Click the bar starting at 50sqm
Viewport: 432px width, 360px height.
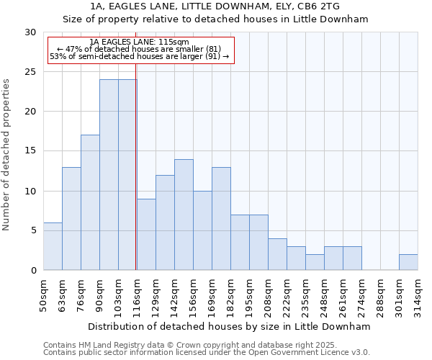[53, 246]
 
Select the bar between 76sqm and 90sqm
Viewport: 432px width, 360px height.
[90, 202]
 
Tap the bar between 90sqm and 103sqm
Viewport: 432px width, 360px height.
[109, 175]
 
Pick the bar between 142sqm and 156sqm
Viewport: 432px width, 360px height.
[184, 215]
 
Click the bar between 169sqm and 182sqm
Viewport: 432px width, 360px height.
[221, 219]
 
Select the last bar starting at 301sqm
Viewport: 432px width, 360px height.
[408, 262]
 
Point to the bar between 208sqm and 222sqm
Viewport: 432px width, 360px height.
[277, 254]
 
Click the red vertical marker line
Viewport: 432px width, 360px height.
[136, 180]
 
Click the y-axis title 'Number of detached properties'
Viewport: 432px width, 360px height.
[7, 154]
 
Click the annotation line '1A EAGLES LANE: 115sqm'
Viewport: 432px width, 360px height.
[140, 42]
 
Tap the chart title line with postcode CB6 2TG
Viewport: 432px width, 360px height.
[215, 6]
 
